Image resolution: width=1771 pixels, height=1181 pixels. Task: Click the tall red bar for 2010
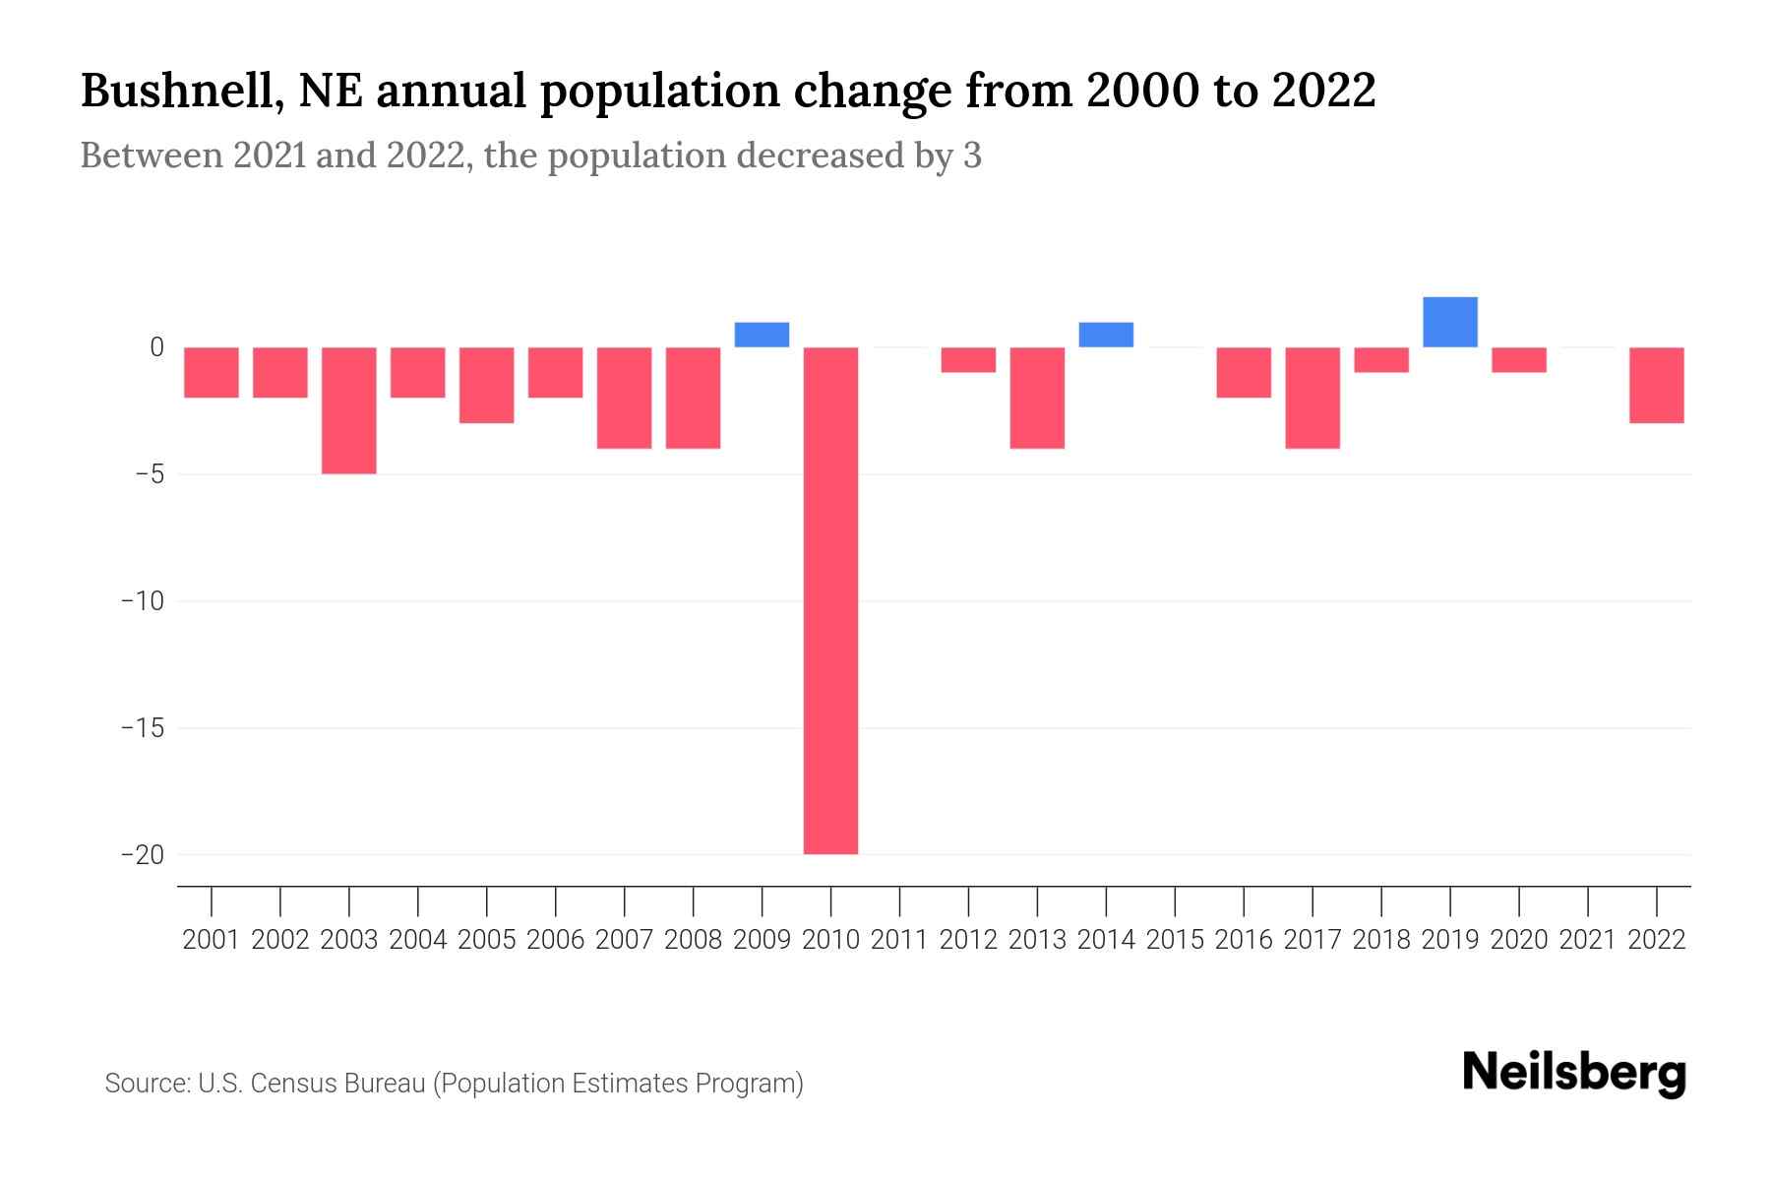[830, 600]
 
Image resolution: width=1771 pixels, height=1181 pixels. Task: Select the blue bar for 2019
[1449, 322]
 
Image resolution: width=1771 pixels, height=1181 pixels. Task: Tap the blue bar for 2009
[762, 335]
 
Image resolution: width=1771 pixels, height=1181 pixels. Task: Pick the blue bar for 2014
[1106, 335]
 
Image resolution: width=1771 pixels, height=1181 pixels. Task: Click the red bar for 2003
[349, 410]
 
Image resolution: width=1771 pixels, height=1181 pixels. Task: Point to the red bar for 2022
[1656, 385]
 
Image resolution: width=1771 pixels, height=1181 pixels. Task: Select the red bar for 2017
[1312, 398]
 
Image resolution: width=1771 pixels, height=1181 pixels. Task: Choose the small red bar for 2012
[968, 359]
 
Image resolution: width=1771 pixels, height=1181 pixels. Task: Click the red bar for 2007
[624, 398]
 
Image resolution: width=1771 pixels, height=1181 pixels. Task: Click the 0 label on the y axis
[156, 347]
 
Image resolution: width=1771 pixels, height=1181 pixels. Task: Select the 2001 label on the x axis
[212, 940]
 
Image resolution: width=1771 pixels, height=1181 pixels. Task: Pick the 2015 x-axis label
[1175, 940]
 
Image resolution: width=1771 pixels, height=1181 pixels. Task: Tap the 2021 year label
[1587, 940]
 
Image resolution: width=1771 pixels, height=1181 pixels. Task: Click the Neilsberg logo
[1573, 1074]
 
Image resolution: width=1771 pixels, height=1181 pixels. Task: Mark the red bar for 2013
[1037, 398]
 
